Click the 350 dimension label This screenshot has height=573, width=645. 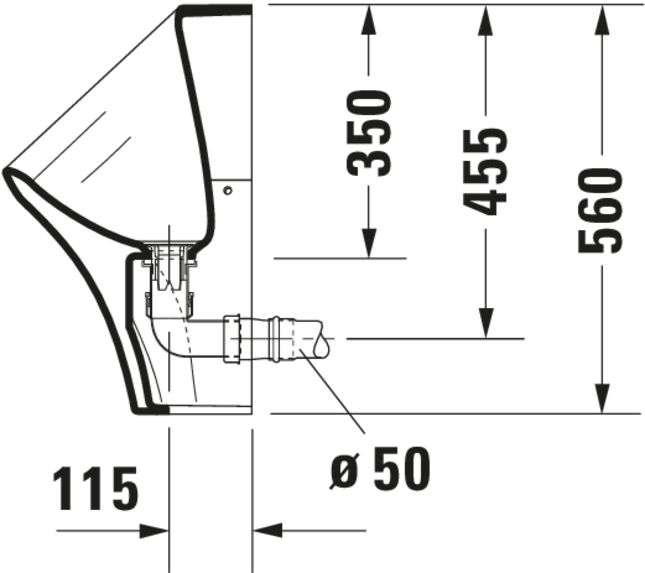(x=368, y=133)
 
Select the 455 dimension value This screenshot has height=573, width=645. (x=485, y=172)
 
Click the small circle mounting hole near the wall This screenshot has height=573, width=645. (x=228, y=191)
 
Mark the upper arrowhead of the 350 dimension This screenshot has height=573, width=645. (x=368, y=20)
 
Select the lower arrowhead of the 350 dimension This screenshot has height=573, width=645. (x=368, y=243)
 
